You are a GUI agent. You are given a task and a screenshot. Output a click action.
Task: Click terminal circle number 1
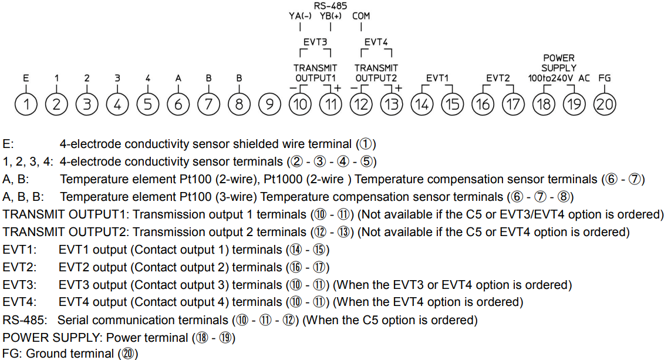26,105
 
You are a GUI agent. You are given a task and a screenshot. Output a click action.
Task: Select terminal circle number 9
269,105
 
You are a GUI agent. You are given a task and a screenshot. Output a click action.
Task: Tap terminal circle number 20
605,105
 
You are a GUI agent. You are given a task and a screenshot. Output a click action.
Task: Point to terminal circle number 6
178,105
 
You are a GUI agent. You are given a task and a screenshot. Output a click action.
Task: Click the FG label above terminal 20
604,78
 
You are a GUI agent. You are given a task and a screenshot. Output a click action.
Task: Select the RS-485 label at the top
331,5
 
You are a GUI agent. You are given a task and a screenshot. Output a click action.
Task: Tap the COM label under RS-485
361,16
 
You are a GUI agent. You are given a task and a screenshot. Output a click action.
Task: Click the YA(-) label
300,16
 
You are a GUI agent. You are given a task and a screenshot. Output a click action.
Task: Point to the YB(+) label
331,16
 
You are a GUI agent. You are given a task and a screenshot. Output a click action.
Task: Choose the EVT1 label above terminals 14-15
437,78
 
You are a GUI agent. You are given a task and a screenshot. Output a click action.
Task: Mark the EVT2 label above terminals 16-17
498,78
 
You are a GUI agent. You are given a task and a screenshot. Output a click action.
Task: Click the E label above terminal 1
26,78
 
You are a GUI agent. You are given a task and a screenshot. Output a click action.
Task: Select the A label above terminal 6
178,78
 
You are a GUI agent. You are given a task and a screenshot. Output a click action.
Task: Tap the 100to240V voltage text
551,78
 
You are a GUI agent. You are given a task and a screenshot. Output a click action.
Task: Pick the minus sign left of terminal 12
353,88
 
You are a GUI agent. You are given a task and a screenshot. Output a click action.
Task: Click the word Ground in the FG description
45,354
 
